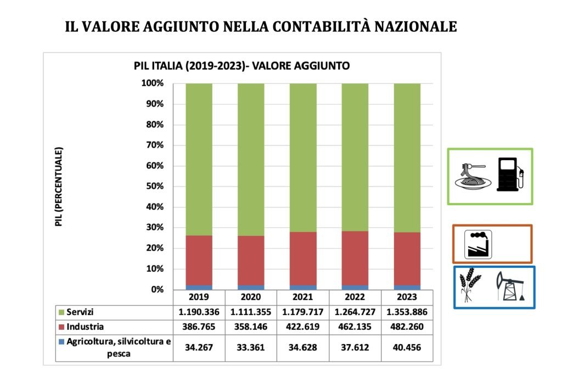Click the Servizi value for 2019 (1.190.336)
(x=199, y=312)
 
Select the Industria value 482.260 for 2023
(x=407, y=327)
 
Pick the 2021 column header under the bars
(x=302, y=297)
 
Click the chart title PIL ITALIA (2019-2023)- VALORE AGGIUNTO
(x=241, y=66)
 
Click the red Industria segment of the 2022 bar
(x=355, y=258)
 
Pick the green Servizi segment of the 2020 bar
(x=251, y=159)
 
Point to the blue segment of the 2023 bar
(x=407, y=287)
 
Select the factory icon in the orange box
(x=478, y=244)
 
